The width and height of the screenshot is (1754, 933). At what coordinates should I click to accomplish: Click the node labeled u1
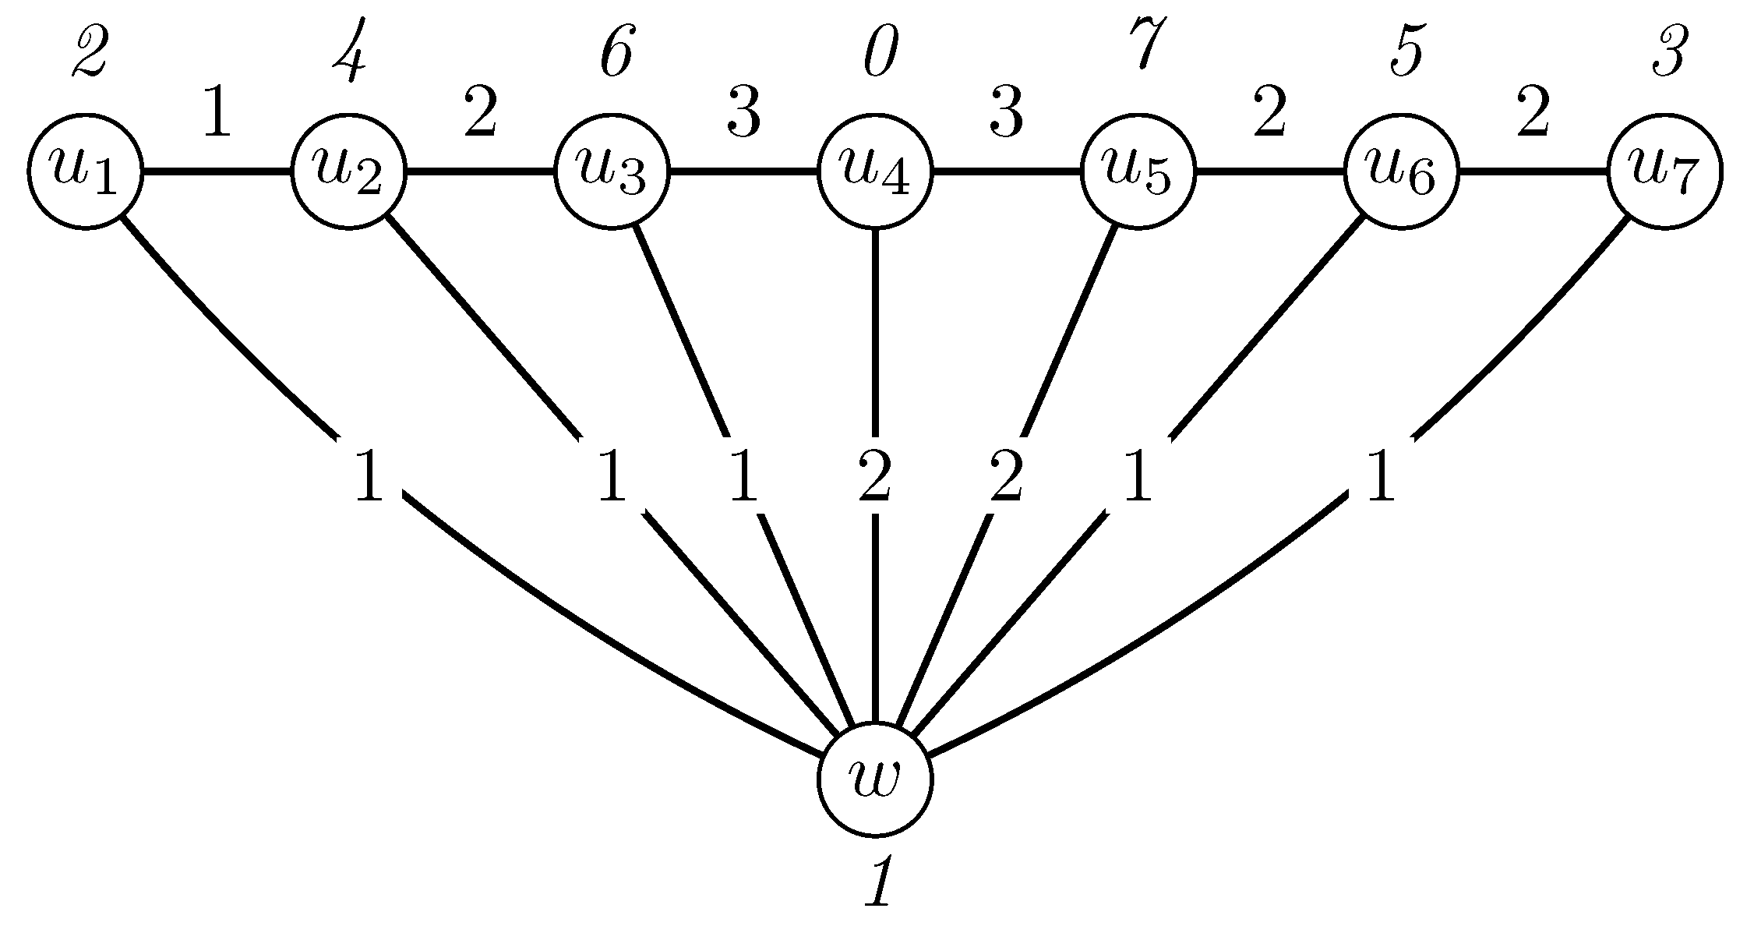86,171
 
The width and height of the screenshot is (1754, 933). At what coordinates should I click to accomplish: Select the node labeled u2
348,171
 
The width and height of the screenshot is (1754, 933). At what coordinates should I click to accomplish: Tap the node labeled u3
612,171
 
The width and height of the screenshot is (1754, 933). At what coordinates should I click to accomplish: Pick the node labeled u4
874,171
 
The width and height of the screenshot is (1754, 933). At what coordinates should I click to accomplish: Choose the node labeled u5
1138,171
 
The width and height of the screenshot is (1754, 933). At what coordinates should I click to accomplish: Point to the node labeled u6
1401,171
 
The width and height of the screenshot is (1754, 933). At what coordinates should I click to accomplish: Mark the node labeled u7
1664,171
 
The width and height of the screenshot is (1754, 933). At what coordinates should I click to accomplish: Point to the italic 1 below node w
878,885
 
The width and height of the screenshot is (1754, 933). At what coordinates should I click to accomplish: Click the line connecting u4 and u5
1006,171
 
